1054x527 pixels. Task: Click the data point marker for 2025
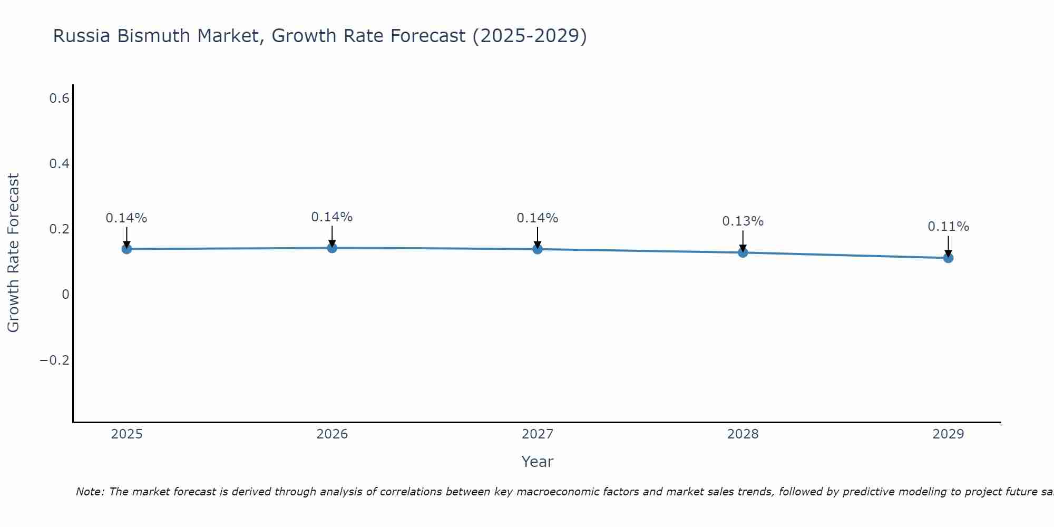[126, 249]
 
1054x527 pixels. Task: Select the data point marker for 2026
[332, 248]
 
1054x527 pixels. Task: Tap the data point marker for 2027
[538, 249]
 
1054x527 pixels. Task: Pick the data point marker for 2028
[743, 252]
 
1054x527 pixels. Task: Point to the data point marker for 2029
[948, 258]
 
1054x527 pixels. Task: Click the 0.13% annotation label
[743, 221]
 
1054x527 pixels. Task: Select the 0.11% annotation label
[948, 227]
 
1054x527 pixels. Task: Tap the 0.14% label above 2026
[332, 217]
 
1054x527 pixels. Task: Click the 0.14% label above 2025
[126, 218]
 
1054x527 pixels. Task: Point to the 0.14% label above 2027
[538, 218]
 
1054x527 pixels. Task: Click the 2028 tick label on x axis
[743, 434]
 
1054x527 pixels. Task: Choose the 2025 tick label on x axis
[126, 434]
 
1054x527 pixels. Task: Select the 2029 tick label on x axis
[948, 434]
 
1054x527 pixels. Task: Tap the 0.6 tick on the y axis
[59, 98]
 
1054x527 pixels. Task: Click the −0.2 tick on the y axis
[55, 360]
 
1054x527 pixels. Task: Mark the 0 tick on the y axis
[65, 295]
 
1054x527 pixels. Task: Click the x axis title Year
[537, 462]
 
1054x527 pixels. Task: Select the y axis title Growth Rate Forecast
[13, 253]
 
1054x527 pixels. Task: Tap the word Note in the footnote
[90, 492]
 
